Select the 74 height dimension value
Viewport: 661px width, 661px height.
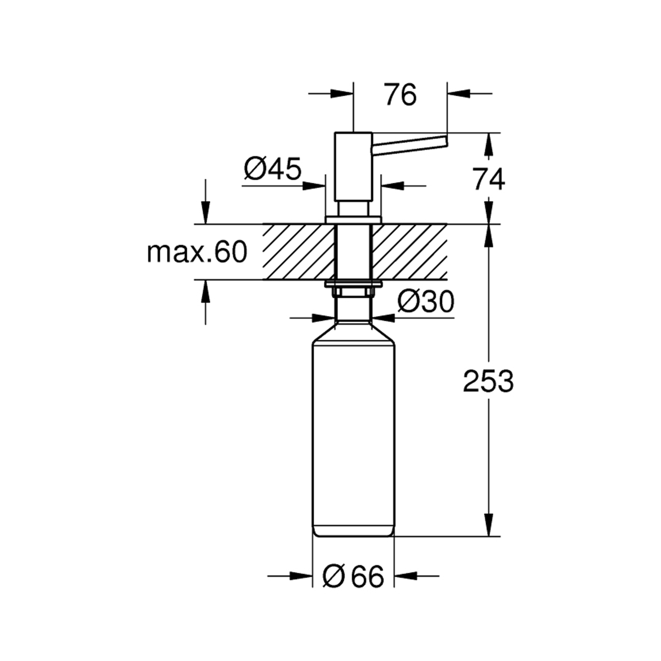[x=489, y=179]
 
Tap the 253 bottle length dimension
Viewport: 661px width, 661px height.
[x=488, y=381]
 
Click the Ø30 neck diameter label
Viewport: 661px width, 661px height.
[x=425, y=302]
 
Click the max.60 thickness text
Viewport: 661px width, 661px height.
[x=197, y=253]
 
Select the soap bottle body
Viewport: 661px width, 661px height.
[x=353, y=436]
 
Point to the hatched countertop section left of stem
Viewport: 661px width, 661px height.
[x=299, y=252]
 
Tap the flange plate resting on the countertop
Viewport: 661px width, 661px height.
[x=353, y=219]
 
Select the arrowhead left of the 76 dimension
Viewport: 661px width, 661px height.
[x=342, y=93]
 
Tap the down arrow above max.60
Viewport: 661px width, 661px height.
[x=205, y=213]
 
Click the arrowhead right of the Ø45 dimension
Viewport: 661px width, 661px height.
[x=392, y=186]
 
